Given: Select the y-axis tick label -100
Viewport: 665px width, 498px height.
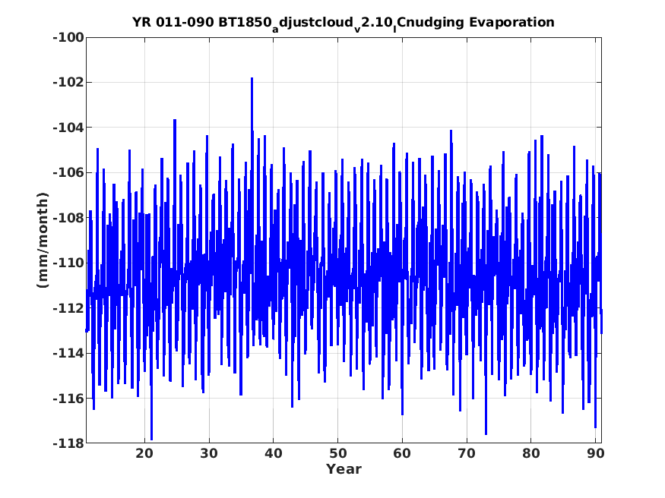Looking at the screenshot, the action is [68, 37].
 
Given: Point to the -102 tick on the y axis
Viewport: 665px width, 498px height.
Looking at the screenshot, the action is [68, 82].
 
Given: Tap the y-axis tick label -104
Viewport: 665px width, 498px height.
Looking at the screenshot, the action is [68, 128].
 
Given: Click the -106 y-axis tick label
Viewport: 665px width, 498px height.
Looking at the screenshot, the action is [68, 172].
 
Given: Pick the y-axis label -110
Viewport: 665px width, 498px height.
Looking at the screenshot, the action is [68, 263].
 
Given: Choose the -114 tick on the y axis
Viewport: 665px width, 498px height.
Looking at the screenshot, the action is [68, 353].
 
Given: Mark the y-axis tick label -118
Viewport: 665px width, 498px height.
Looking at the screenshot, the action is [68, 443].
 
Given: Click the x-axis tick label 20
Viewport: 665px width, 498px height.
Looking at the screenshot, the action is [144, 453].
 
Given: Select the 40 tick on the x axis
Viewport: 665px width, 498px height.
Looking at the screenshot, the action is [273, 453].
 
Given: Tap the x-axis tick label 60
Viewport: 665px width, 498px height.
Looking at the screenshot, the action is [402, 453].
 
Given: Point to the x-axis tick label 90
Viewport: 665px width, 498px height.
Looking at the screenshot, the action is [595, 453].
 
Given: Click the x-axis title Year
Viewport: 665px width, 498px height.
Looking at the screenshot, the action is [344, 469].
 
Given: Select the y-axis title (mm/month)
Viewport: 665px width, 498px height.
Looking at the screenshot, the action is [43, 240].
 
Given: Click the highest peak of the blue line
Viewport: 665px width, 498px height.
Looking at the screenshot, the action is [252, 78].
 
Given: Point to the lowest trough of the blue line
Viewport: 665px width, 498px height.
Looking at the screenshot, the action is [151, 439].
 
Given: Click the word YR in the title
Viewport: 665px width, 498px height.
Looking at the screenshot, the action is [141, 22].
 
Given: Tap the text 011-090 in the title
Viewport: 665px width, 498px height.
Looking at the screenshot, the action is [185, 22].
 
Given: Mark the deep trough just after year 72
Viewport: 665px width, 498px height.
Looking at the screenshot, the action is [486, 433].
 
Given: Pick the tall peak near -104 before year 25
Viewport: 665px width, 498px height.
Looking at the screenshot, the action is [175, 120].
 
